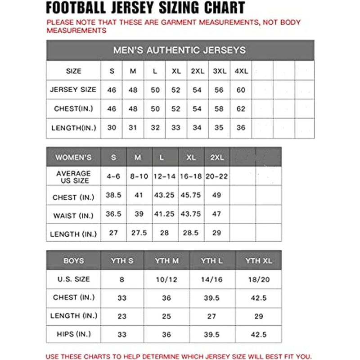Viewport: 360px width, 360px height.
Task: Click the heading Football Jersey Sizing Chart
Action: click(145, 8)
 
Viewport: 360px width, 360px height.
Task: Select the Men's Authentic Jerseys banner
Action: click(180, 50)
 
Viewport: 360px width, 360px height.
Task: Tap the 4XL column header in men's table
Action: click(241, 71)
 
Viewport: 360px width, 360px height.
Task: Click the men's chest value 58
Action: click(219, 109)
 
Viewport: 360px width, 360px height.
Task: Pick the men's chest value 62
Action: click(241, 109)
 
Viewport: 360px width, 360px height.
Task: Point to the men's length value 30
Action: click(112, 128)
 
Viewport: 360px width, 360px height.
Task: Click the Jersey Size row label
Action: click(73, 90)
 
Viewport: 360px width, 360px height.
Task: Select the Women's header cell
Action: click(73, 157)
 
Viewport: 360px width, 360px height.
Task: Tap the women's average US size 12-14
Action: click(165, 176)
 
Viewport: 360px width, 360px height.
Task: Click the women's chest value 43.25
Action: click(165, 197)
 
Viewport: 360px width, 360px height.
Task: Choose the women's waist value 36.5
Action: click(113, 215)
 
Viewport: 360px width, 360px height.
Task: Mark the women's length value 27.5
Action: click(139, 233)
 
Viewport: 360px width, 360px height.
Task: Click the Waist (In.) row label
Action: click(73, 215)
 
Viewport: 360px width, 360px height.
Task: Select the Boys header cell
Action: click(73, 261)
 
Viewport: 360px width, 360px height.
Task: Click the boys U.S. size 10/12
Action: click(166, 279)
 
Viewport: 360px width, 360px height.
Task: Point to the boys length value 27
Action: click(212, 316)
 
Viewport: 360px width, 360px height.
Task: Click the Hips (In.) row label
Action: click(73, 334)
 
